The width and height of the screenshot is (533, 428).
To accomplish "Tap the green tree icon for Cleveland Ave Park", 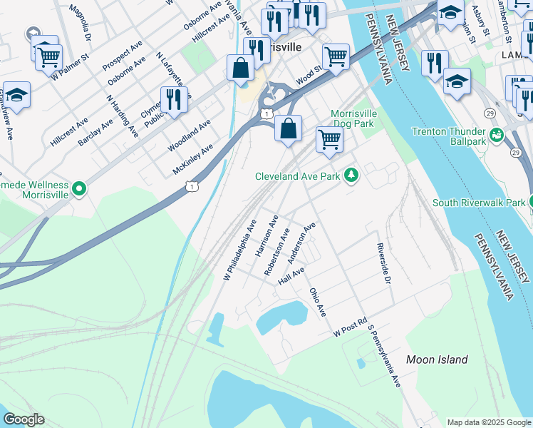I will click(x=351, y=175).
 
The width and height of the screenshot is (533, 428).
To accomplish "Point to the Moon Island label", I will click(x=437, y=360).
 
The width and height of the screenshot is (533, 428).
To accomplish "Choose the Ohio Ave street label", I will click(x=318, y=302).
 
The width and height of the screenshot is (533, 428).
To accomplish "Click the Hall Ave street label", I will click(x=291, y=275).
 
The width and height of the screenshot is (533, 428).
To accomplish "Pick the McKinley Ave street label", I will click(x=192, y=159).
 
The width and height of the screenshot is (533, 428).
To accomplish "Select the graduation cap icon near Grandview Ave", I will click(x=16, y=94).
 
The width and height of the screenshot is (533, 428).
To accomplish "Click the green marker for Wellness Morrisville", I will click(x=79, y=189).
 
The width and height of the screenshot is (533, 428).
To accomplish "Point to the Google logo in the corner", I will click(x=23, y=419).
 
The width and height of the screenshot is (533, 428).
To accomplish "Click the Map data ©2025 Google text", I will click(x=489, y=422).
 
